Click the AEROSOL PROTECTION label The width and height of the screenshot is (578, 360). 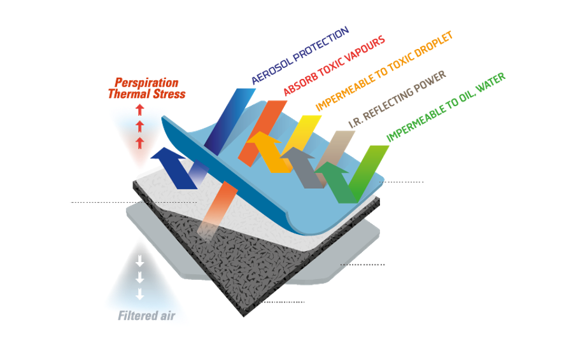[x=300, y=56]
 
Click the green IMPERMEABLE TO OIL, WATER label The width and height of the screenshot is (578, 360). [x=446, y=106]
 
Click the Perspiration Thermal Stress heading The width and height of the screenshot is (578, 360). [x=146, y=88]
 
